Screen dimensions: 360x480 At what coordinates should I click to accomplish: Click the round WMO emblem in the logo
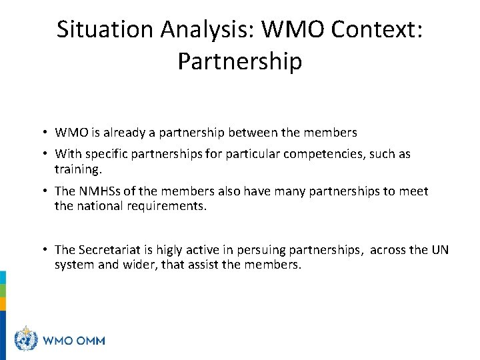pyautogui.click(x=27, y=340)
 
